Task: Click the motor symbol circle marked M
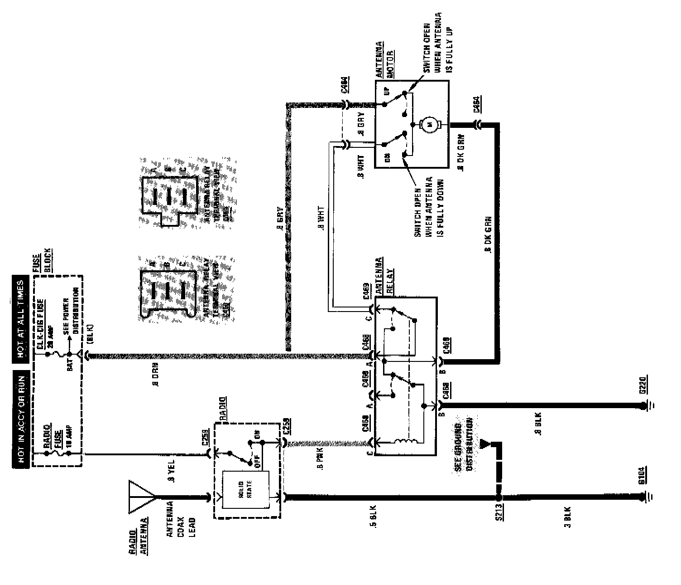[x=428, y=123]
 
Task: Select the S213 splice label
[x=499, y=512]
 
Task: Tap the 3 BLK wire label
[x=567, y=517]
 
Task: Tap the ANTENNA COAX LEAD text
[x=181, y=519]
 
